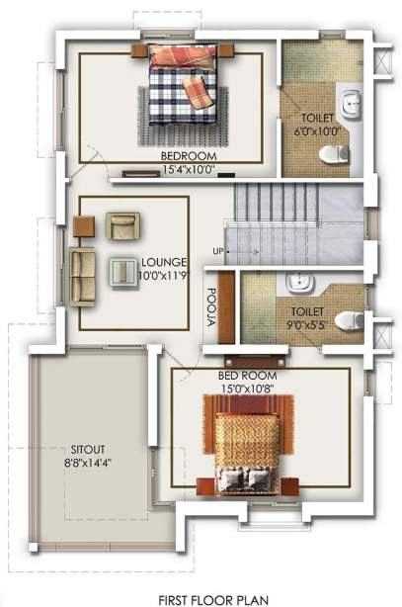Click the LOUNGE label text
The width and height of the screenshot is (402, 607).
click(163, 262)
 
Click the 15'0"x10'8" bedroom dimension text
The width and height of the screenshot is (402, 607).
click(247, 390)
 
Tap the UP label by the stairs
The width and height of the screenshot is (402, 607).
click(217, 250)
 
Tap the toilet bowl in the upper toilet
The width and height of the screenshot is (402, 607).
click(338, 153)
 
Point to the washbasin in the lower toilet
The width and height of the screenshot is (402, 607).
click(300, 286)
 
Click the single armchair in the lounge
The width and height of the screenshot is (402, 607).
click(122, 227)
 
